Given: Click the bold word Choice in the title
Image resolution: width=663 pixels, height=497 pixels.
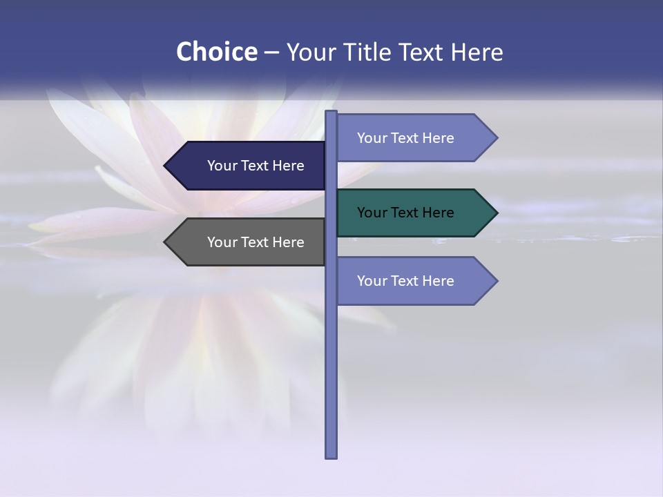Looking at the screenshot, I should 216,52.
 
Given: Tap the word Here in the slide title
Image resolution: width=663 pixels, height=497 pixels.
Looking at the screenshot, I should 477,52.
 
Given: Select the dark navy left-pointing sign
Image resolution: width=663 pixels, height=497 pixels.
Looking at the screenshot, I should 245,166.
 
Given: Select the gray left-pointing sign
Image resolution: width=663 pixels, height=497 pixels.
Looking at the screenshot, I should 245,242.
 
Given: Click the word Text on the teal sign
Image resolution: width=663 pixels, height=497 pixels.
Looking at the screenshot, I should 405,213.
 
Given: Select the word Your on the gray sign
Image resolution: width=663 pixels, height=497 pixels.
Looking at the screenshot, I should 222,242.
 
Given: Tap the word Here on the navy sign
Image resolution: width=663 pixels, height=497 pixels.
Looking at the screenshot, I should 288,166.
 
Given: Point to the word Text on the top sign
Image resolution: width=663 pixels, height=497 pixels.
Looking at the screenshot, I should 405,138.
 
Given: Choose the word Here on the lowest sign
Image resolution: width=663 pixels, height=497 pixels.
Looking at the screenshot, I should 438,281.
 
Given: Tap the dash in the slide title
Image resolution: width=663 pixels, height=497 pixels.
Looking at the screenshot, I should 271,52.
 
